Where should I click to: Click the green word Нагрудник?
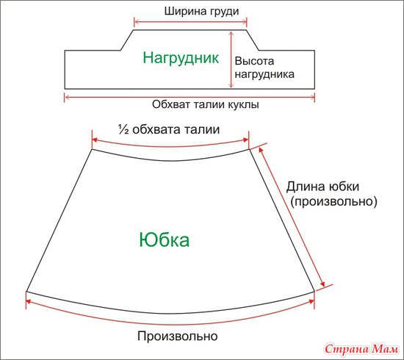click(x=181, y=58)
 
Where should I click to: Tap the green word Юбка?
click(x=165, y=240)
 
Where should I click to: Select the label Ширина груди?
click(x=202, y=12)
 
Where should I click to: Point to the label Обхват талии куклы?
click(x=206, y=104)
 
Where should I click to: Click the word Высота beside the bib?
click(x=254, y=61)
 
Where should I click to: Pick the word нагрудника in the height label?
click(x=264, y=74)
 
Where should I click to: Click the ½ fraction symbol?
click(x=123, y=129)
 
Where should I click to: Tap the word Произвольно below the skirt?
click(x=178, y=336)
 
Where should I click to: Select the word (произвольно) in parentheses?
click(x=334, y=201)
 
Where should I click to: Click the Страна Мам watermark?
click(x=361, y=349)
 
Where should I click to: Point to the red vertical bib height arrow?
click(x=231, y=60)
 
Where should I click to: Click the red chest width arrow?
click(x=190, y=22)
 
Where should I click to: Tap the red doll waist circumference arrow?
click(x=190, y=98)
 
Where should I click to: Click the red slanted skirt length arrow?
click(x=292, y=217)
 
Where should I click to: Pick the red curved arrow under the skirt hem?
click(x=170, y=324)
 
